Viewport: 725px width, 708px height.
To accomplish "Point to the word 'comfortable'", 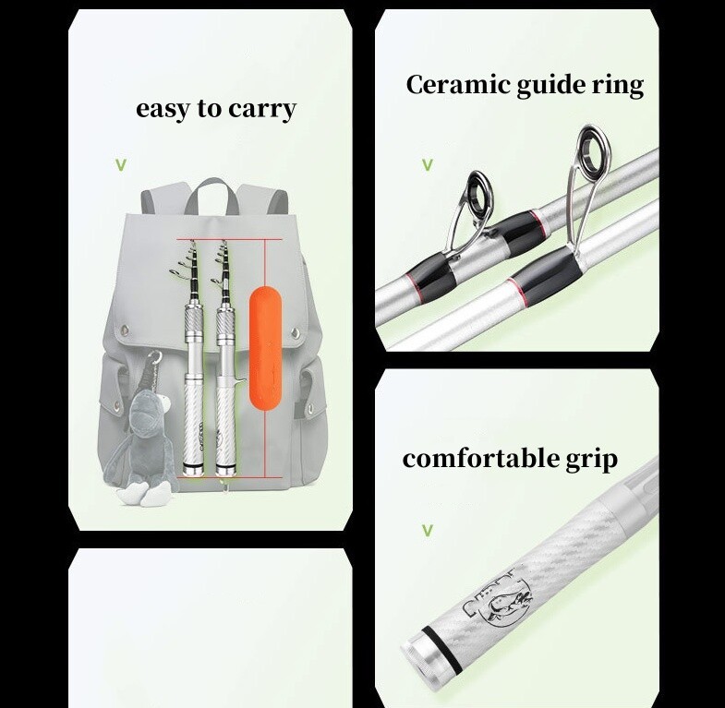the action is click(x=481, y=459).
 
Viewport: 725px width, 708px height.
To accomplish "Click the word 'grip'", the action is click(x=591, y=461).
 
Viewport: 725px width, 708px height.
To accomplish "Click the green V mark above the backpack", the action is click(x=121, y=165).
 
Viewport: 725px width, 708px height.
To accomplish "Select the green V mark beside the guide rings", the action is click(x=428, y=165).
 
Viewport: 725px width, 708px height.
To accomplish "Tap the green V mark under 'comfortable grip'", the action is click(x=428, y=531).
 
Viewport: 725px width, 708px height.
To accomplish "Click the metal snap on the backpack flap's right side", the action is click(x=296, y=332).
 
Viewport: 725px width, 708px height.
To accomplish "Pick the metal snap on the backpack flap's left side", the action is click(x=125, y=330).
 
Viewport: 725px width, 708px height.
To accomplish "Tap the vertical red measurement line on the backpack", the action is click(x=265, y=359).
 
